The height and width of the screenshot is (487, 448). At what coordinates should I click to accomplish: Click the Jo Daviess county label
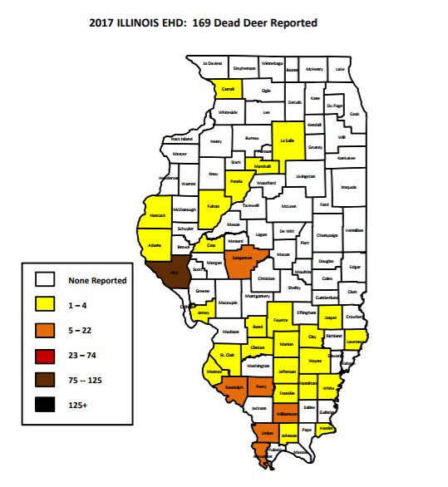[x=213, y=63]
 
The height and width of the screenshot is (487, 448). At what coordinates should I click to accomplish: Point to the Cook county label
[x=355, y=114]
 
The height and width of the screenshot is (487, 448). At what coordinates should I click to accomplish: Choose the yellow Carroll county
[x=228, y=89]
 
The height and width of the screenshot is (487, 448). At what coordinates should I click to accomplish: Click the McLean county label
[x=288, y=204]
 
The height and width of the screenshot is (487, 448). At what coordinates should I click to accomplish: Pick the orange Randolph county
[x=234, y=388]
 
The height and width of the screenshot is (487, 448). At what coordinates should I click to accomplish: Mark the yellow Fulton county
[x=214, y=204]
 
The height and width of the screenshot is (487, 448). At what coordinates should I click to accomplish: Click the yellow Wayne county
[x=314, y=362]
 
